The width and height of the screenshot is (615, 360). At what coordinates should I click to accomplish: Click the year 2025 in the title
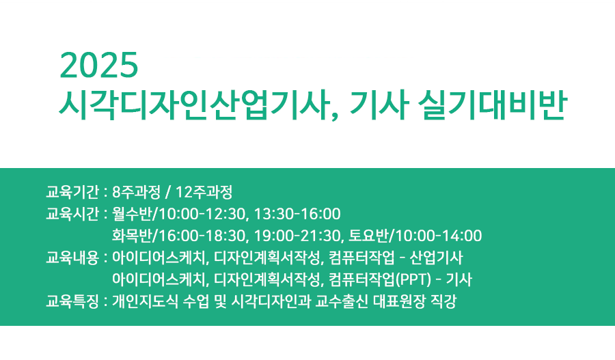[99, 66]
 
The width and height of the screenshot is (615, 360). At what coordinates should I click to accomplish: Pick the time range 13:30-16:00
[297, 214]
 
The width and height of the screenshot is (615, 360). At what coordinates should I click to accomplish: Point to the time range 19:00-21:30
[297, 236]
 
